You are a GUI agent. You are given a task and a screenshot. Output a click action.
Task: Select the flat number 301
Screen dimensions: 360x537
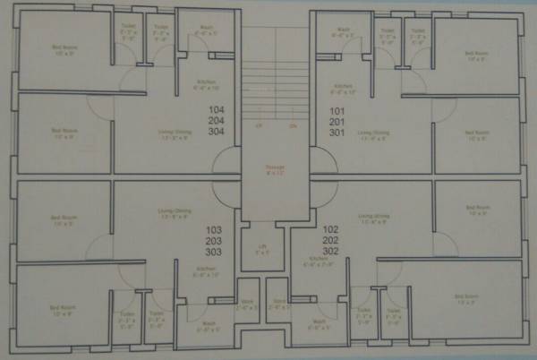pyautogui.click(x=337, y=132)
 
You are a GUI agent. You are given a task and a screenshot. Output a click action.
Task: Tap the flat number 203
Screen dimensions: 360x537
pyautogui.click(x=213, y=240)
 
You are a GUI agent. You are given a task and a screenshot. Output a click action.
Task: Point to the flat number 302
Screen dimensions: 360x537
pyautogui.click(x=331, y=252)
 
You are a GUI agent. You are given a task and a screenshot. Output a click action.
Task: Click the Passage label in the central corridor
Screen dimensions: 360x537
pyautogui.click(x=274, y=167)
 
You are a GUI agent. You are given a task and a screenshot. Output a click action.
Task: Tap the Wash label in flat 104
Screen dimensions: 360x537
pyautogui.click(x=207, y=28)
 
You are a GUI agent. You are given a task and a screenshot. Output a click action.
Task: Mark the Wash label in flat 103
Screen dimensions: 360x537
pyautogui.click(x=208, y=324)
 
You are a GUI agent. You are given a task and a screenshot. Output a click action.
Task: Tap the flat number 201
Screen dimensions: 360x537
pyautogui.click(x=337, y=120)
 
